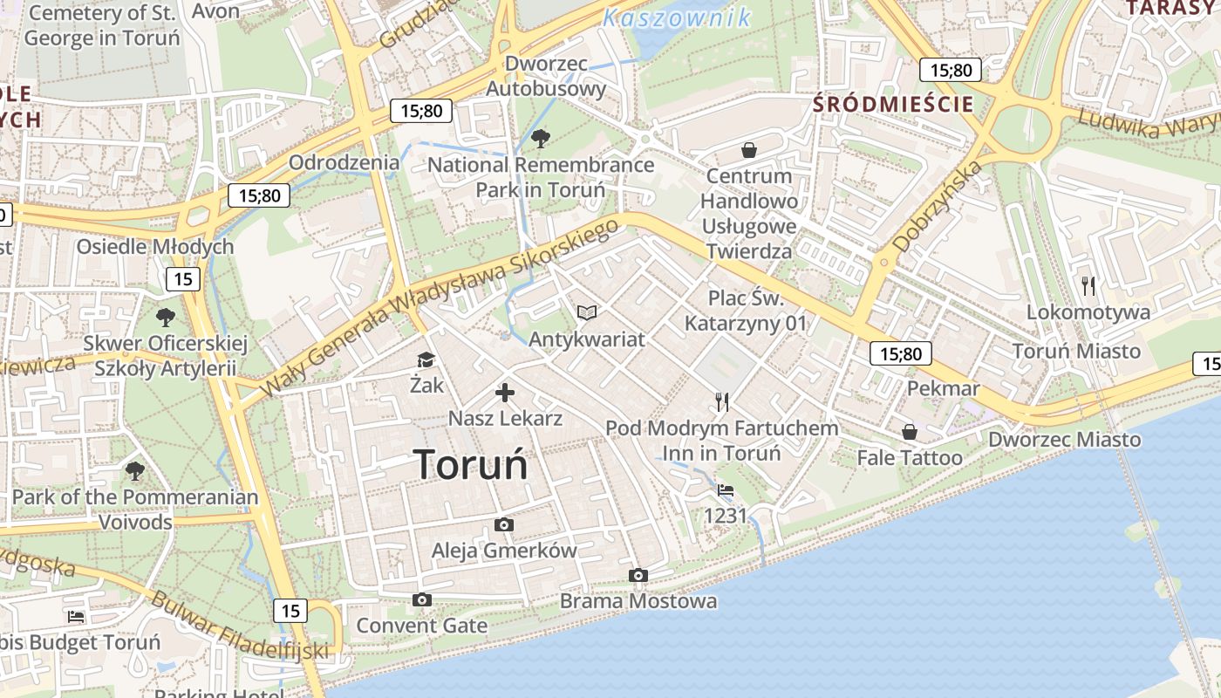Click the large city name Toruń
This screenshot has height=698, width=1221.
(x=471, y=463)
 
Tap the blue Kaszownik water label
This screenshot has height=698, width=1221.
(x=677, y=17)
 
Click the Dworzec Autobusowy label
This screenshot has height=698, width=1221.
(x=546, y=76)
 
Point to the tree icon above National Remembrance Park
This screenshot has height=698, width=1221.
(x=541, y=138)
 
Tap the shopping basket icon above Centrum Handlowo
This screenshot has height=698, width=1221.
(x=748, y=150)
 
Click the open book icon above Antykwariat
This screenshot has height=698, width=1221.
(x=587, y=312)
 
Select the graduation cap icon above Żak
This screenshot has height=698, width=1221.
(x=426, y=360)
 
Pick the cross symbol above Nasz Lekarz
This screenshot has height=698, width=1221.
(x=505, y=393)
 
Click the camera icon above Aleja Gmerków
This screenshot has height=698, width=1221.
(x=503, y=524)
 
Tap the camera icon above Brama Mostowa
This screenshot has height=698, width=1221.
(x=638, y=575)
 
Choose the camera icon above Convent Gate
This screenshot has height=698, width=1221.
(x=422, y=599)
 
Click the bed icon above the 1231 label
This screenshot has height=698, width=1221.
(x=726, y=490)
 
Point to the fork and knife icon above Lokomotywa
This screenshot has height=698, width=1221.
(x=1088, y=285)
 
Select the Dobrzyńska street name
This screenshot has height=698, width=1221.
(x=938, y=206)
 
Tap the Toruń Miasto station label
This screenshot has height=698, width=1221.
(x=1076, y=351)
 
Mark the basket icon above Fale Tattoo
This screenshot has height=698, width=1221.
(x=910, y=431)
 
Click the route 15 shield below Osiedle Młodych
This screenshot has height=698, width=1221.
(x=183, y=279)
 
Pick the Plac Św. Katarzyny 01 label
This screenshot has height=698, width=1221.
(x=746, y=311)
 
